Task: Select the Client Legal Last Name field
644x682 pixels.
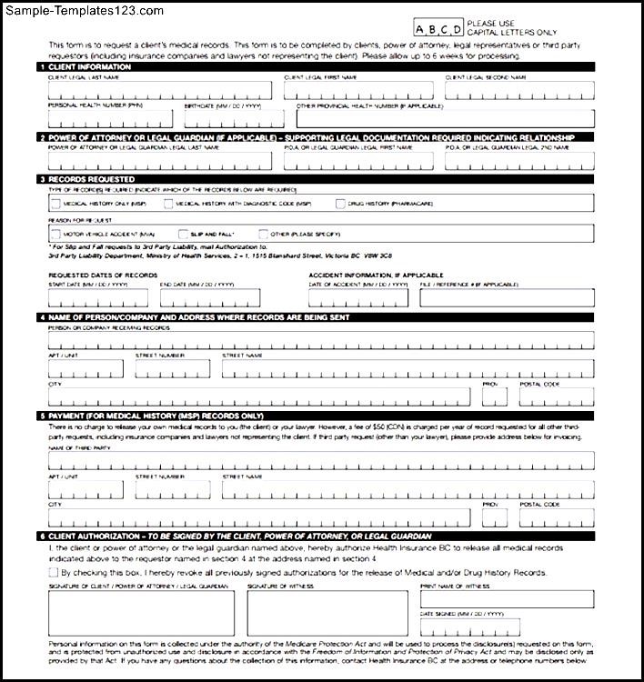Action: pyautogui.click(x=159, y=90)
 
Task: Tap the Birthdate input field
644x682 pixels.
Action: pyautogui.click(x=236, y=118)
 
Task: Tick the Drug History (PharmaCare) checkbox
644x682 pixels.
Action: pyautogui.click(x=341, y=205)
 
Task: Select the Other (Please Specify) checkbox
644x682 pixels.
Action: pyautogui.click(x=264, y=234)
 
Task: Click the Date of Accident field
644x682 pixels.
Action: pyautogui.click(x=360, y=297)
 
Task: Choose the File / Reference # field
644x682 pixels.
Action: pyautogui.click(x=507, y=297)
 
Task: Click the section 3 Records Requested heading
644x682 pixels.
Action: pyautogui.click(x=82, y=179)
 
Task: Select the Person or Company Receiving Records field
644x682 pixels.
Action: pyautogui.click(x=321, y=340)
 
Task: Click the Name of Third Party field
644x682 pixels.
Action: pyautogui.click(x=321, y=459)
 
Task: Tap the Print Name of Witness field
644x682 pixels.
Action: pyautogui.click(x=507, y=600)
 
